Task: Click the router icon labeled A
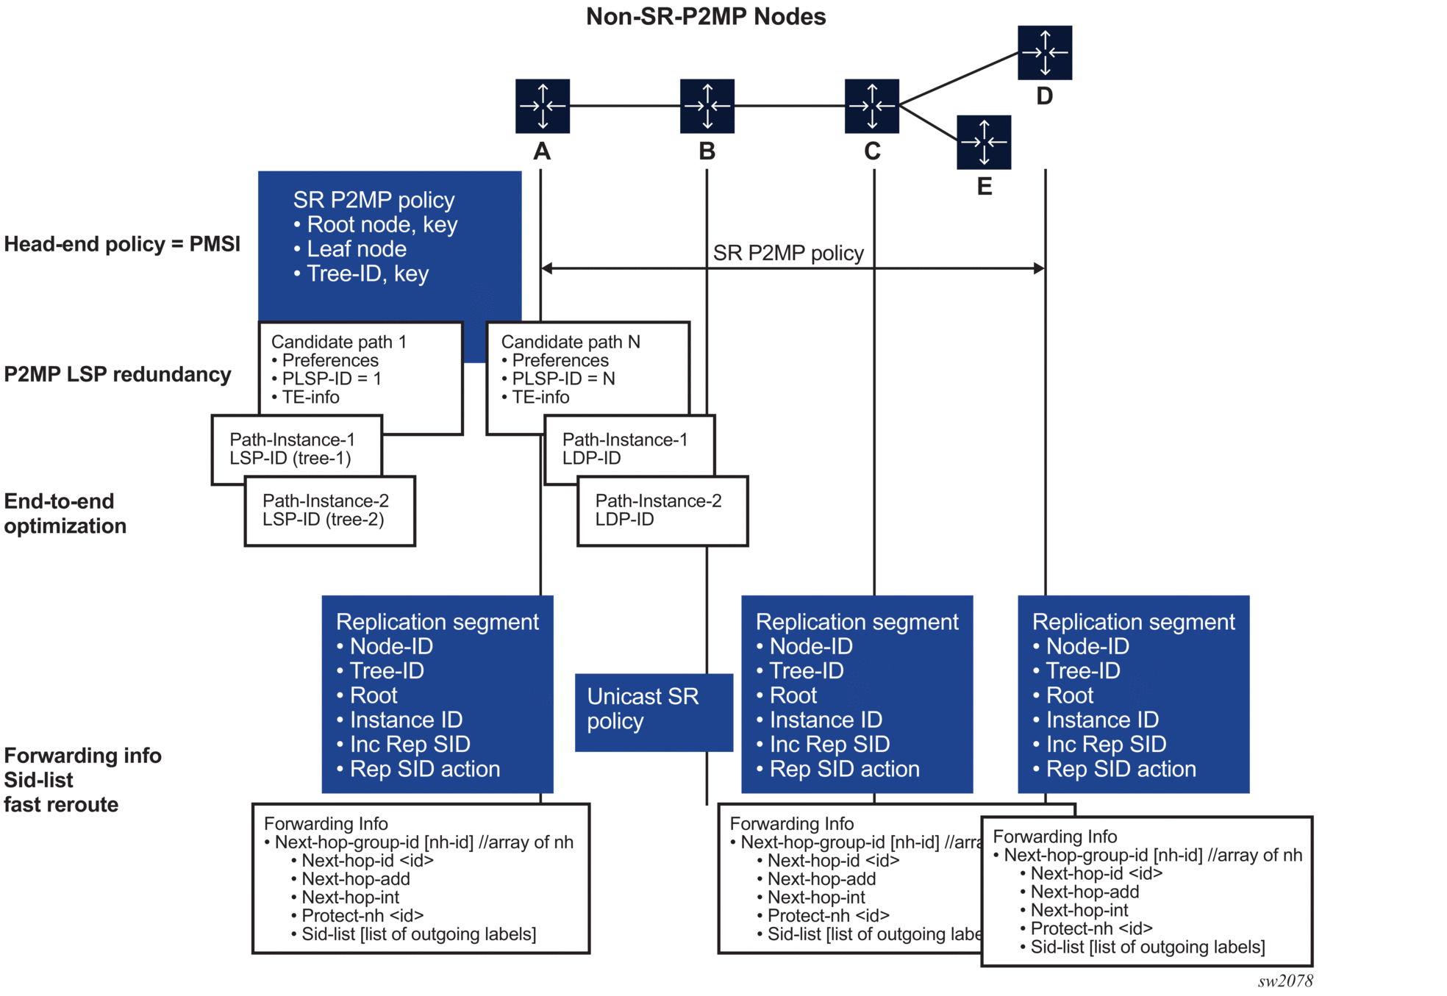[542, 106]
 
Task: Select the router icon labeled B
[707, 106]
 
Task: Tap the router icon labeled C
[871, 106]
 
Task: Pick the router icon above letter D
[1044, 52]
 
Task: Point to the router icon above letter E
[983, 142]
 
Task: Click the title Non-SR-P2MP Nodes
[705, 16]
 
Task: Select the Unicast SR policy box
[653, 712]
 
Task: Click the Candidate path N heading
[570, 342]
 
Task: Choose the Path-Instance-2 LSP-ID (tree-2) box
[329, 511]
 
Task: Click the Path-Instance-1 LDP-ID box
[629, 449]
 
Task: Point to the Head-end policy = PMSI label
[122, 244]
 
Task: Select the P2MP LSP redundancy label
[118, 374]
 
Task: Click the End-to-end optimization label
[65, 513]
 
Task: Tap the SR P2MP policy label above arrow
[787, 253]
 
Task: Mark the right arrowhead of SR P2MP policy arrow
[1039, 268]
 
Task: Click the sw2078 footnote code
[1285, 981]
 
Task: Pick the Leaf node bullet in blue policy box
[356, 249]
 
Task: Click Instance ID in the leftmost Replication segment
[405, 720]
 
